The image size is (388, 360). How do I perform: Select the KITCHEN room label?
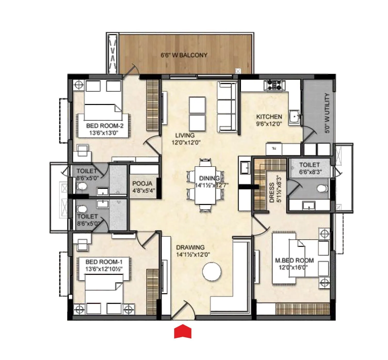269,117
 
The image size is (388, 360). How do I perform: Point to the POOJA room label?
142,184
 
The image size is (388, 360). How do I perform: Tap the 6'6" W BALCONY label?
184,55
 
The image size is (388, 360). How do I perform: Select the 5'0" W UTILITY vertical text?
327,113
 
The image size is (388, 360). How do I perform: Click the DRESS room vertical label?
272,193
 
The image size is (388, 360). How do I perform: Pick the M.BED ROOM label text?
294,260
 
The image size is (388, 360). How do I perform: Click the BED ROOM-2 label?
105,126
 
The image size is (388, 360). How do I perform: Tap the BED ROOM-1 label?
104,262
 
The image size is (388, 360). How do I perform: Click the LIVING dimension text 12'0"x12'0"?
186,142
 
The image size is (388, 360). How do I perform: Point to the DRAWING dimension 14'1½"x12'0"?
193,254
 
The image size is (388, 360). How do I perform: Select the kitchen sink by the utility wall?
294,117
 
